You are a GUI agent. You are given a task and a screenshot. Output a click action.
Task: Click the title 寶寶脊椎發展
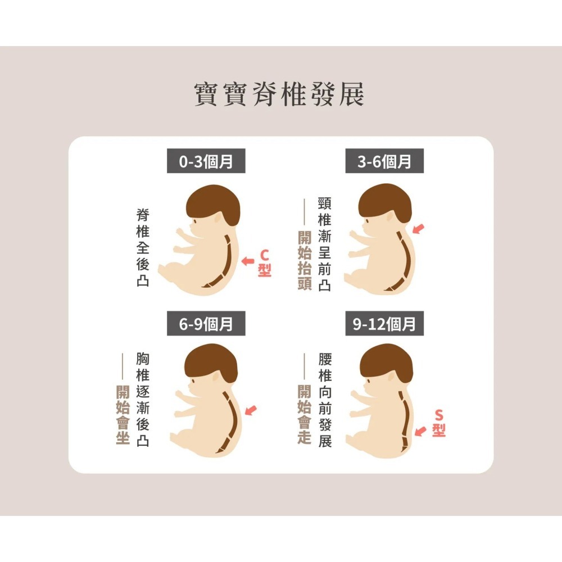tap(279, 94)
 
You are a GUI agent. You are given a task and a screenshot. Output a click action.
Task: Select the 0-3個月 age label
tap(206, 162)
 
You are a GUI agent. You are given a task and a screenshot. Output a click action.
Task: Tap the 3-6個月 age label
tap(384, 162)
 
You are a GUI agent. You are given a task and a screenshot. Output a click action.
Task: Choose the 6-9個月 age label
tap(206, 324)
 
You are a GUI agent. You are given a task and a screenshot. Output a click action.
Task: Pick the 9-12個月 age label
tap(384, 324)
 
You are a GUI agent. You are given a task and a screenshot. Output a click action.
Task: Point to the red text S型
tap(439, 423)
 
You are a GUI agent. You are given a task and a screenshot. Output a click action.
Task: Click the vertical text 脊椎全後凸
tap(143, 247)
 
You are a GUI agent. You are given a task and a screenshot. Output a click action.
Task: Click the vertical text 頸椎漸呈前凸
tap(324, 243)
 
